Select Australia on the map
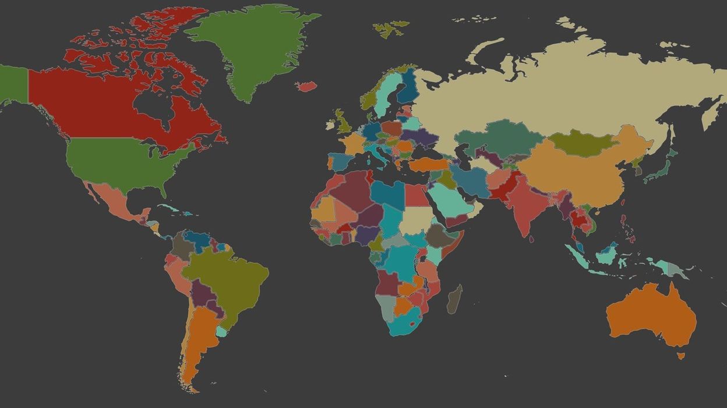650,314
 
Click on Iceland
306,86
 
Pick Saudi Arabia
451,201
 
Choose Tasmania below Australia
680,356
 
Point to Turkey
428,165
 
